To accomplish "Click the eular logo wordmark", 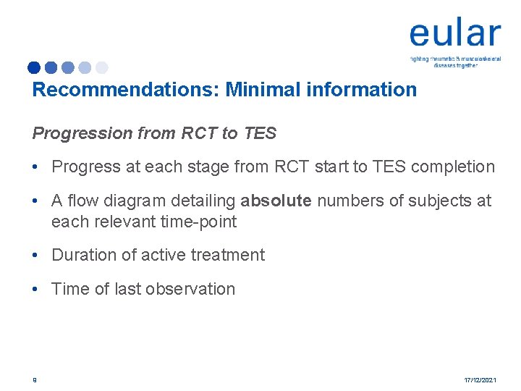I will tap(454, 34).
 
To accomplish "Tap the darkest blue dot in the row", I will tap(34, 67).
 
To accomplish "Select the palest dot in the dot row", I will tap(102, 67).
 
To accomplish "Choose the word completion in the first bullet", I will tap(452, 167).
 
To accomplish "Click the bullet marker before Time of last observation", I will tap(35, 289).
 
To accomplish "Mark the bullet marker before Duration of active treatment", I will tap(35, 255).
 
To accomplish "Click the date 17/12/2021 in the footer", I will tap(479, 379).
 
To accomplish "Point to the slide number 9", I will tap(34, 379).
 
